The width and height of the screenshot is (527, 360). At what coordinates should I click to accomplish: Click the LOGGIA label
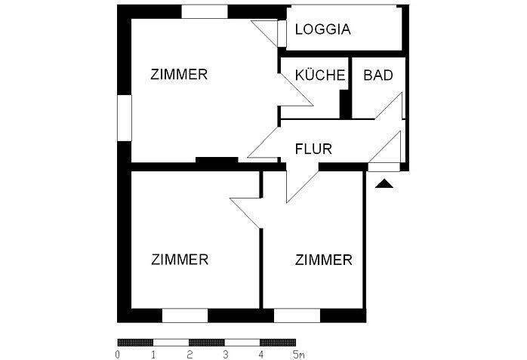point(322,30)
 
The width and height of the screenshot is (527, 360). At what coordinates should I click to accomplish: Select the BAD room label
point(377,75)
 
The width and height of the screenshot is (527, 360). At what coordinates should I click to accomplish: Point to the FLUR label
point(313,149)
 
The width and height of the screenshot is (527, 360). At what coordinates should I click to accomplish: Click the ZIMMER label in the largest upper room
point(179,75)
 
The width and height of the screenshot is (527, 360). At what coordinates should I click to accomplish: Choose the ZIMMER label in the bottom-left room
point(180,260)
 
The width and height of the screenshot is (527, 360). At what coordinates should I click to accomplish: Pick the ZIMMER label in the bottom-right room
point(323,260)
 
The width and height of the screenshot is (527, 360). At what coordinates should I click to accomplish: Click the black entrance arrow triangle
point(384,183)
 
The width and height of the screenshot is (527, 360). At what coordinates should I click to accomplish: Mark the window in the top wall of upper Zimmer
point(205,11)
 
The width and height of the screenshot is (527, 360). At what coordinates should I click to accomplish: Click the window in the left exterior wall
point(124,117)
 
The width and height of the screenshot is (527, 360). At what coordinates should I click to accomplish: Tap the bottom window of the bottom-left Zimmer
point(185,315)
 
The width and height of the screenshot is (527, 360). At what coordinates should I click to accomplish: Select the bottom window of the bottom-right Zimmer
point(297,315)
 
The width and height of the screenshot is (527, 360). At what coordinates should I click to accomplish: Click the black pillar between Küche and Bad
point(345,104)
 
